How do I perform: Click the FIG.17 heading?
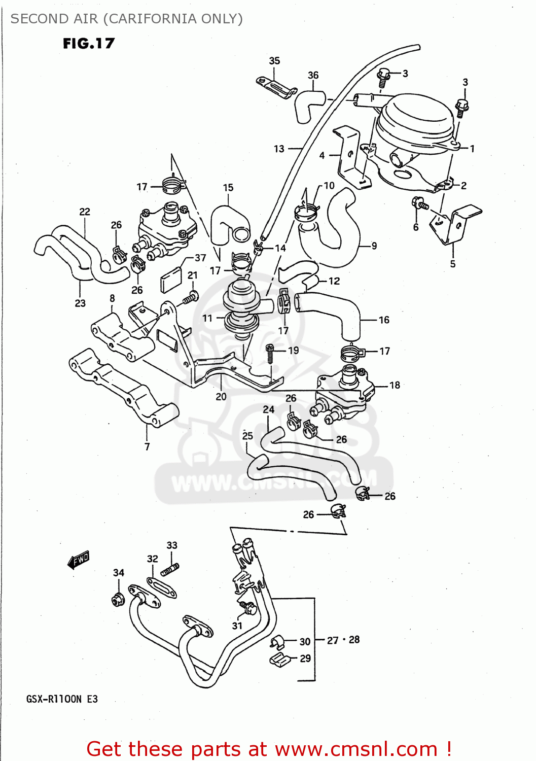pos(89,44)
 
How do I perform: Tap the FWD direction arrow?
pos(79,560)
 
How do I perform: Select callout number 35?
pos(274,61)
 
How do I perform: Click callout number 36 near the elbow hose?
pos(313,75)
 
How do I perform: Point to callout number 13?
pos(279,149)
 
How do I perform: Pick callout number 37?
pos(200,258)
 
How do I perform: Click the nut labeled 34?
pos(118,600)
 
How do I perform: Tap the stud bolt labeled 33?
pos(170,570)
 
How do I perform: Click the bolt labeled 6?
pos(420,203)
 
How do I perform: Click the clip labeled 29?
pos(279,660)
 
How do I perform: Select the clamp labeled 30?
pos(277,642)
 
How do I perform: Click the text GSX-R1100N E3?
pos(62,699)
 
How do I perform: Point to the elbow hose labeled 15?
pos(228,223)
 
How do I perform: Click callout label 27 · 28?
pos(343,640)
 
